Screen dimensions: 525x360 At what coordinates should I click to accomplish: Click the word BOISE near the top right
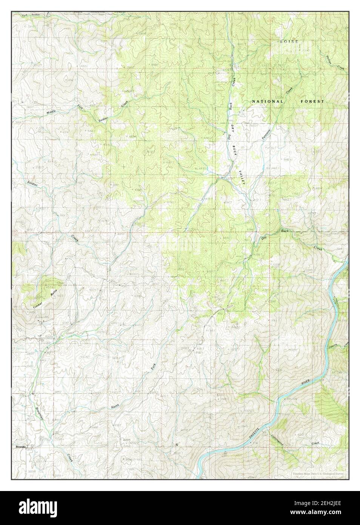pos(289,41)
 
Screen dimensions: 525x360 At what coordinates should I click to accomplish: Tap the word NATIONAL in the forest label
pos(268,102)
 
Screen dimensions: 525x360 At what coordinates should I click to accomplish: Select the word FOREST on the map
pos(312,102)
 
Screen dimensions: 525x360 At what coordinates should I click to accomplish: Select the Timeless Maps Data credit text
pos(319,473)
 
